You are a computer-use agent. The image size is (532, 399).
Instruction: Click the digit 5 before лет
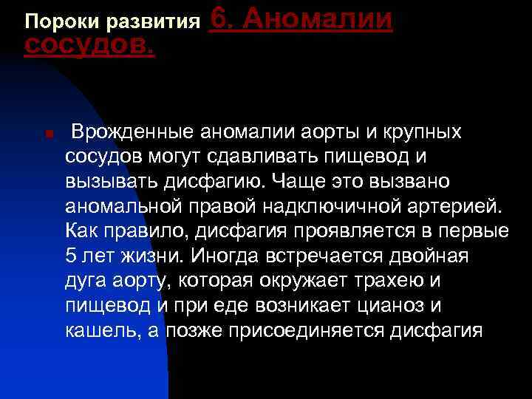tap(71, 256)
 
